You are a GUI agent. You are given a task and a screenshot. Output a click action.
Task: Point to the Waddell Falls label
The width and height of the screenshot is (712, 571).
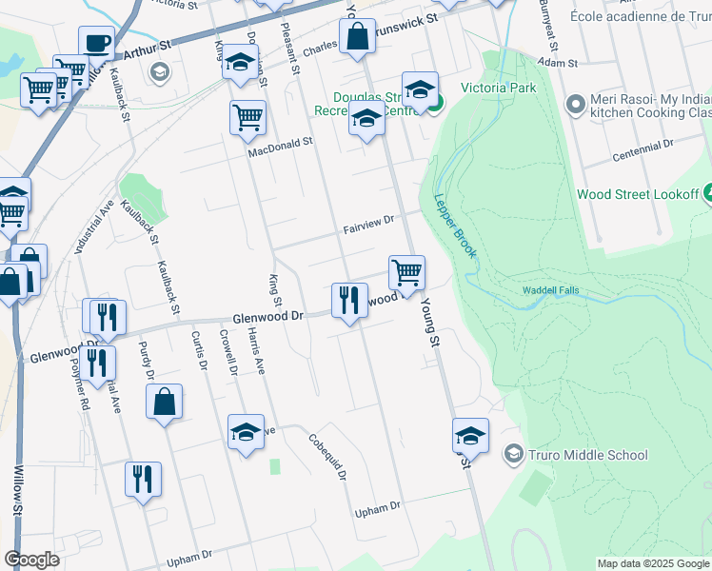click(550, 290)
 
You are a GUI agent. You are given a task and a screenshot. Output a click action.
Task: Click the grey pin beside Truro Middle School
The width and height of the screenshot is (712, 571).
click(515, 454)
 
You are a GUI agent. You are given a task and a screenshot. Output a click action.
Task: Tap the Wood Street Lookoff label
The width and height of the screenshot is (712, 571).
click(638, 194)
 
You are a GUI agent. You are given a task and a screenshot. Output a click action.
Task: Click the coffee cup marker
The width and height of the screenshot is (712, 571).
click(95, 43)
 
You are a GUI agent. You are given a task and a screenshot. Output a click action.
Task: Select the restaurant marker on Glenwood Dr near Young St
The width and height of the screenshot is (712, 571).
click(349, 301)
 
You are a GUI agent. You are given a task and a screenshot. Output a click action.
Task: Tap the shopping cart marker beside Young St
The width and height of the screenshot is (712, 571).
click(406, 273)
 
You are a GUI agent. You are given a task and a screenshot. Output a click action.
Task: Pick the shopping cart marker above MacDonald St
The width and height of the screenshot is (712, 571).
click(247, 118)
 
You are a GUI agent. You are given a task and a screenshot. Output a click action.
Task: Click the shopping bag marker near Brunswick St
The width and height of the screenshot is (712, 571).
click(358, 38)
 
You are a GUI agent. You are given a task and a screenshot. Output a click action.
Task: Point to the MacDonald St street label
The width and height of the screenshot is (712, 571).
click(281, 147)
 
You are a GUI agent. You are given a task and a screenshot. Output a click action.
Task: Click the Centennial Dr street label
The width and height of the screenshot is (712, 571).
click(643, 147)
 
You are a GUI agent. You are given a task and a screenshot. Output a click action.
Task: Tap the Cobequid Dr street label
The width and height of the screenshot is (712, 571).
click(328, 457)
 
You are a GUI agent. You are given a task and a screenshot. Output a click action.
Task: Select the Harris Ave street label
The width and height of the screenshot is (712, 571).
click(255, 352)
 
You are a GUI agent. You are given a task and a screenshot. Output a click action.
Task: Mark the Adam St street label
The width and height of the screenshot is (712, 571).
click(558, 61)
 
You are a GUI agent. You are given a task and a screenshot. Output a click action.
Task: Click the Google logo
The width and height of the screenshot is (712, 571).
click(31, 560)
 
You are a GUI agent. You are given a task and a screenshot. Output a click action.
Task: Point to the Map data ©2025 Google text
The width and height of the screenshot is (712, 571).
click(653, 563)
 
